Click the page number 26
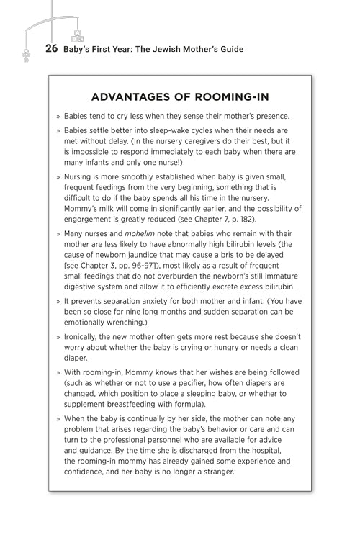pyautogui.click(x=51, y=50)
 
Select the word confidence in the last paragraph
pyautogui.click(x=88, y=471)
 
